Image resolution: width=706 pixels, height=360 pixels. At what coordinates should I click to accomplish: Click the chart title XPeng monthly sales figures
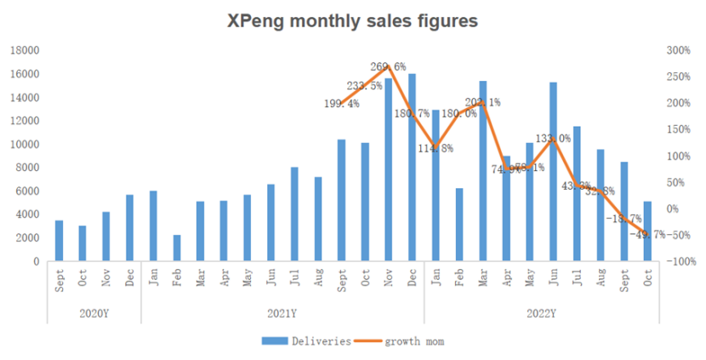click(353, 20)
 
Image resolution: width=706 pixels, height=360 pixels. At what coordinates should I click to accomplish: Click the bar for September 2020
click(59, 241)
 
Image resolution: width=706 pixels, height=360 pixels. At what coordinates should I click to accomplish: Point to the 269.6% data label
click(388, 66)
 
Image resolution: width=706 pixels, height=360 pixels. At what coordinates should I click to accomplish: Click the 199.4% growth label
click(342, 104)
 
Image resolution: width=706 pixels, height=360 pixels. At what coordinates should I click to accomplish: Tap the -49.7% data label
click(647, 234)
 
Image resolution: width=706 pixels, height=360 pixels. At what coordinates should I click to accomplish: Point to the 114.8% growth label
click(436, 148)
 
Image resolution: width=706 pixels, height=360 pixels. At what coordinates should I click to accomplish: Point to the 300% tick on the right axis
click(678, 50)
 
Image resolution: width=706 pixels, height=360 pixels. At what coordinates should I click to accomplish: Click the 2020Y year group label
click(94, 312)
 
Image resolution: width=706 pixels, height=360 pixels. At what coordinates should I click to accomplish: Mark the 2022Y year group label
click(541, 312)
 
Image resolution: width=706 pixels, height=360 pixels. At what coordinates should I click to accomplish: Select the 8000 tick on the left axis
click(27, 168)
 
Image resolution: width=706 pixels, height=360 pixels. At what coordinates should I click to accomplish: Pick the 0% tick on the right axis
click(674, 209)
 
